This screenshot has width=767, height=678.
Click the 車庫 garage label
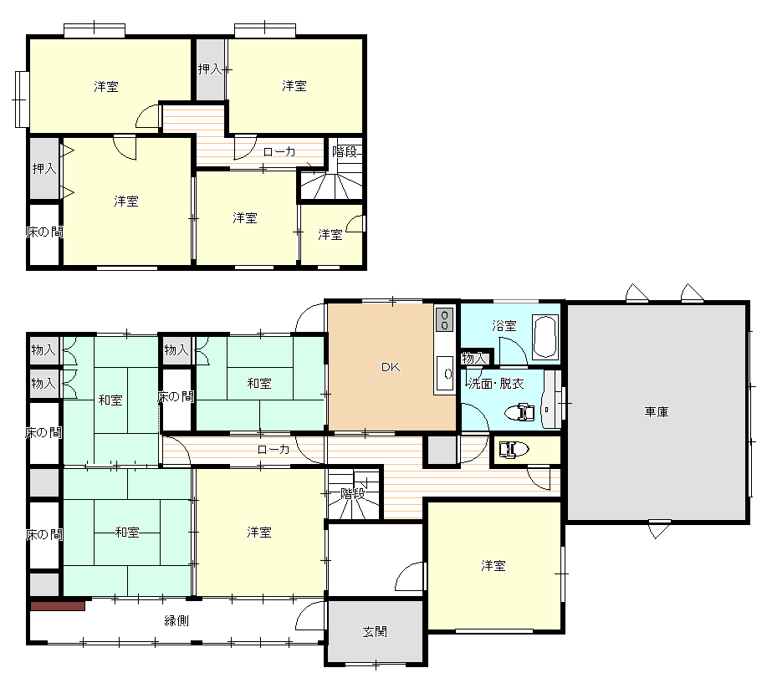point(656,411)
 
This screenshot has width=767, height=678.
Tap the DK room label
point(391,367)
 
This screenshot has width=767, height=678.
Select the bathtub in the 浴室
point(545,337)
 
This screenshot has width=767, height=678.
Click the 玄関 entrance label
point(375,631)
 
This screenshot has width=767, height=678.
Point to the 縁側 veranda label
point(176,621)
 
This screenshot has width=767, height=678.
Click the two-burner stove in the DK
point(444,319)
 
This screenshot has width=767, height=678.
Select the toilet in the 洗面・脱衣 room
point(519,412)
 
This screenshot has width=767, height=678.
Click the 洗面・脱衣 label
point(496,383)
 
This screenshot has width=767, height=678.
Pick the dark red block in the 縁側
point(58,605)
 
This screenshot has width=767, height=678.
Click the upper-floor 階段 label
point(345,151)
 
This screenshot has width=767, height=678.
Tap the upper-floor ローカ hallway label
point(279,151)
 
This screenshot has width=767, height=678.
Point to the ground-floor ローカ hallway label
point(274,449)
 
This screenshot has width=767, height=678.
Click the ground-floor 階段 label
point(353,494)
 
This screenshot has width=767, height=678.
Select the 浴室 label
point(504,325)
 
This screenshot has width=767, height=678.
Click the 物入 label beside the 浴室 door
point(473,359)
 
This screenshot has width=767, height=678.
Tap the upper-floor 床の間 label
point(44,232)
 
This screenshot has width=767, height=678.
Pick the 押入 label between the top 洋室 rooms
point(210,69)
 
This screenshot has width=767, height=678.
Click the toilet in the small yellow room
point(513,449)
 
